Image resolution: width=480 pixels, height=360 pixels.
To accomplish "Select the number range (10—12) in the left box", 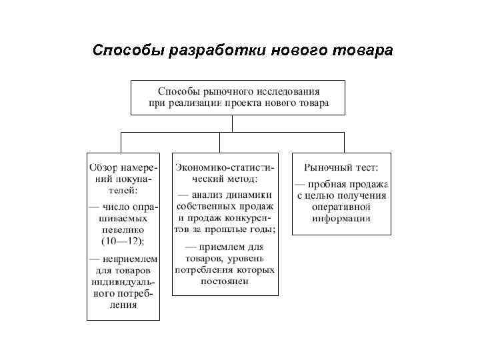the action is tap(123, 240).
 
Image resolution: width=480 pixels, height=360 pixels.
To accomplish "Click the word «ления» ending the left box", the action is tap(123, 306).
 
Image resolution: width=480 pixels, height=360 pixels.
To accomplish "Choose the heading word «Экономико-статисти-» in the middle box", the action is tap(225, 165).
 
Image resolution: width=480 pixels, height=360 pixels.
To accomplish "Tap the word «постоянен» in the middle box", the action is tap(225, 281).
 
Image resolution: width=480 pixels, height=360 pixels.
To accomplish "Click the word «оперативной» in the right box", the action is tap(341, 207).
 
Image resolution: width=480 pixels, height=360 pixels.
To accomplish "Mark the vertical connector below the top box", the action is tap(232, 123).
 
